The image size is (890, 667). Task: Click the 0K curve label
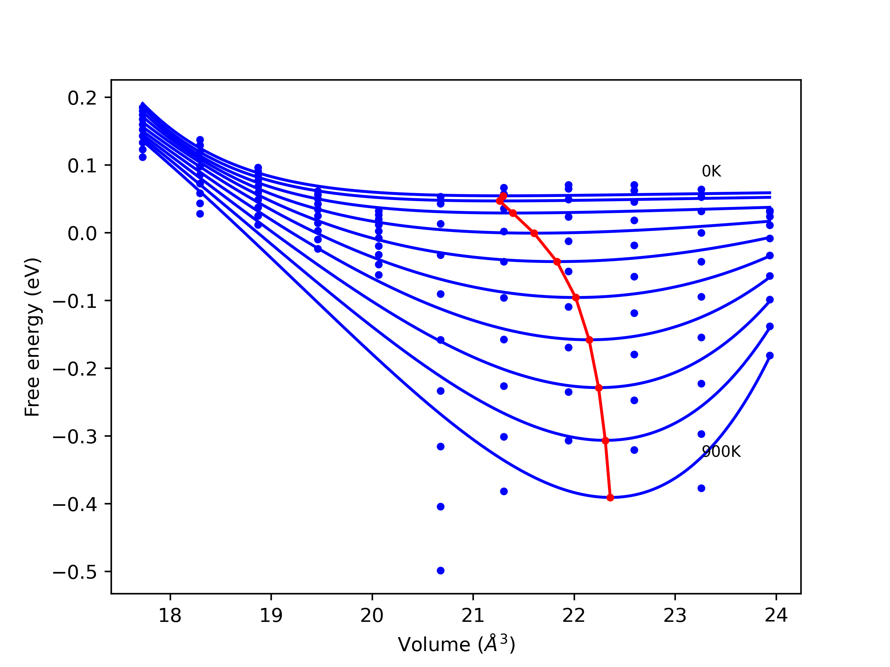point(711,171)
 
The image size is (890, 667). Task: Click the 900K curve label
point(721,452)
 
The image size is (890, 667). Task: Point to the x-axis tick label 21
point(473,616)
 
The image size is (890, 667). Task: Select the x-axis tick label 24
point(776,616)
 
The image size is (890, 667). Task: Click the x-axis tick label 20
point(372,616)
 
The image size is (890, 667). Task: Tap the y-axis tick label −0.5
point(75,573)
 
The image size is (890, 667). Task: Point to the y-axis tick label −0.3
point(75,437)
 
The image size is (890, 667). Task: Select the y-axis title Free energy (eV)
point(32,337)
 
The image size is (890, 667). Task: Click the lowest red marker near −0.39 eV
point(610,498)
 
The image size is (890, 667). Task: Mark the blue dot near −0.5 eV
point(440,570)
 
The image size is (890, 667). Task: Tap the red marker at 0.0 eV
point(534,233)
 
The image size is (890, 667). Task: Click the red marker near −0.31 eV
point(606,440)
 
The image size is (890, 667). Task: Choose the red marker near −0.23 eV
point(599,388)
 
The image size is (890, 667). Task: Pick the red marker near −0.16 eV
point(589,340)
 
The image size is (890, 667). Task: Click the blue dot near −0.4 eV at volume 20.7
point(440,507)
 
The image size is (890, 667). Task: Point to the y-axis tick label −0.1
point(75,302)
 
